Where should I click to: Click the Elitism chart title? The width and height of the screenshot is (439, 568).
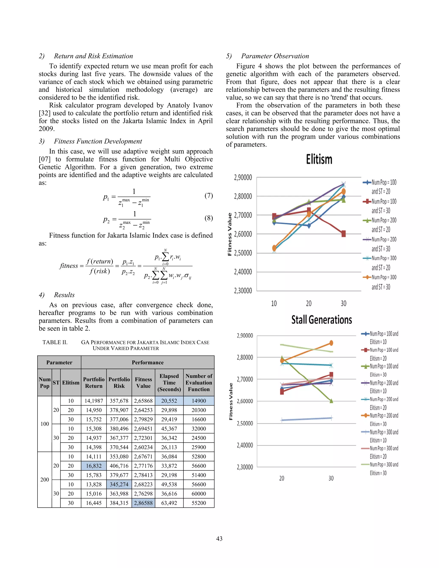click(319, 159)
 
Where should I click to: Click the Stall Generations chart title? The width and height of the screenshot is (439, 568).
click(322, 320)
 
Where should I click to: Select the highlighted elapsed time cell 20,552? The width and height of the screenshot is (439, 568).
click(169, 401)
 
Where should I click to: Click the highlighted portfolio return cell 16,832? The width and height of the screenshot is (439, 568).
click(94, 466)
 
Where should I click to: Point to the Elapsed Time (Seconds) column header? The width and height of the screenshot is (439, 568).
click(169, 383)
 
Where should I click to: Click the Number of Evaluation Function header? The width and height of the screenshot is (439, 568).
click(199, 383)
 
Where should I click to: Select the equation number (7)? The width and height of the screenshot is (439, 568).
click(209, 195)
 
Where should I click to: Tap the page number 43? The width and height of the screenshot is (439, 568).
click(219, 538)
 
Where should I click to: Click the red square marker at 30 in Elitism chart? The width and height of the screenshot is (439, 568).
click(344, 234)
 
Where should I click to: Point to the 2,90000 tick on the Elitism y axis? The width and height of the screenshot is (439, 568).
click(243, 178)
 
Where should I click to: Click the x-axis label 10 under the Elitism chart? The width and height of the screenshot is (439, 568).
click(274, 304)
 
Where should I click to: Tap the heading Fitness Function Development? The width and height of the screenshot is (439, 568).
click(98, 141)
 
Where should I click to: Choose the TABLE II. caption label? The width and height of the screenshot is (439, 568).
click(55, 342)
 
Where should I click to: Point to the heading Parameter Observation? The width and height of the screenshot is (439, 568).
click(275, 56)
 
